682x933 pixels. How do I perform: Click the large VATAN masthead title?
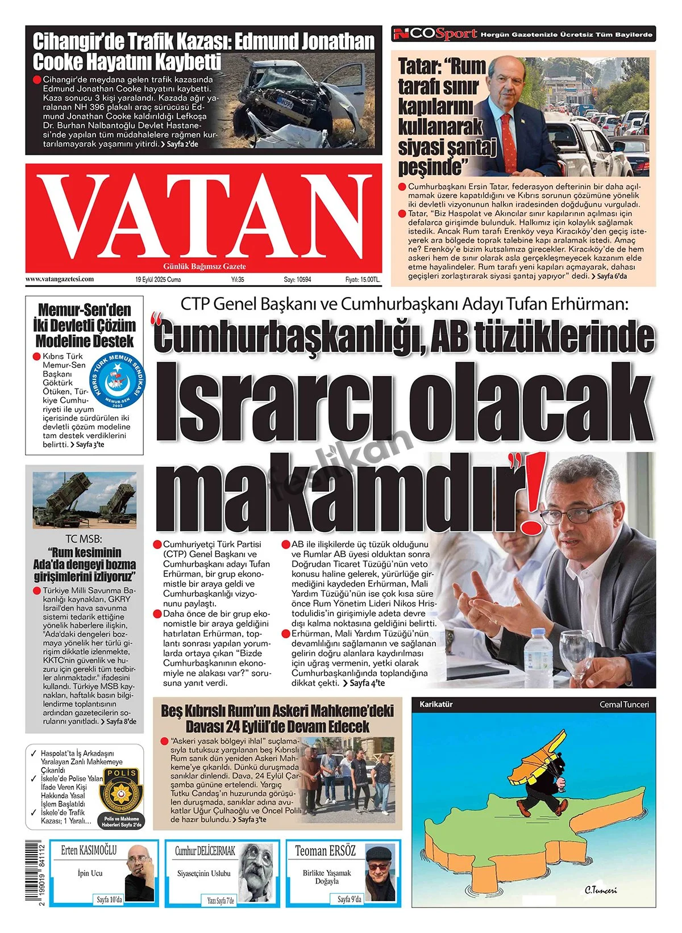click(x=203, y=216)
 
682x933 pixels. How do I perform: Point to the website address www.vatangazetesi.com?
click(x=59, y=279)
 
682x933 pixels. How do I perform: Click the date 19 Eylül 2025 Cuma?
click(x=158, y=280)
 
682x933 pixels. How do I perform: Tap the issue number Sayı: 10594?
click(x=297, y=280)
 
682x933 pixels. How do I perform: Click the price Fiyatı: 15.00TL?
click(x=363, y=280)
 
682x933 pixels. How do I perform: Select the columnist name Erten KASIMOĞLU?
click(x=89, y=851)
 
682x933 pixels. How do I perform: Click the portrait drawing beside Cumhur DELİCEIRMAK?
click(x=257, y=872)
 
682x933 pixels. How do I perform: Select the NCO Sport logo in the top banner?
click(x=435, y=34)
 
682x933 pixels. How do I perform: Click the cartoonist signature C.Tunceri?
click(x=600, y=890)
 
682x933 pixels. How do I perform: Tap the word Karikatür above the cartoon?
click(x=436, y=704)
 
